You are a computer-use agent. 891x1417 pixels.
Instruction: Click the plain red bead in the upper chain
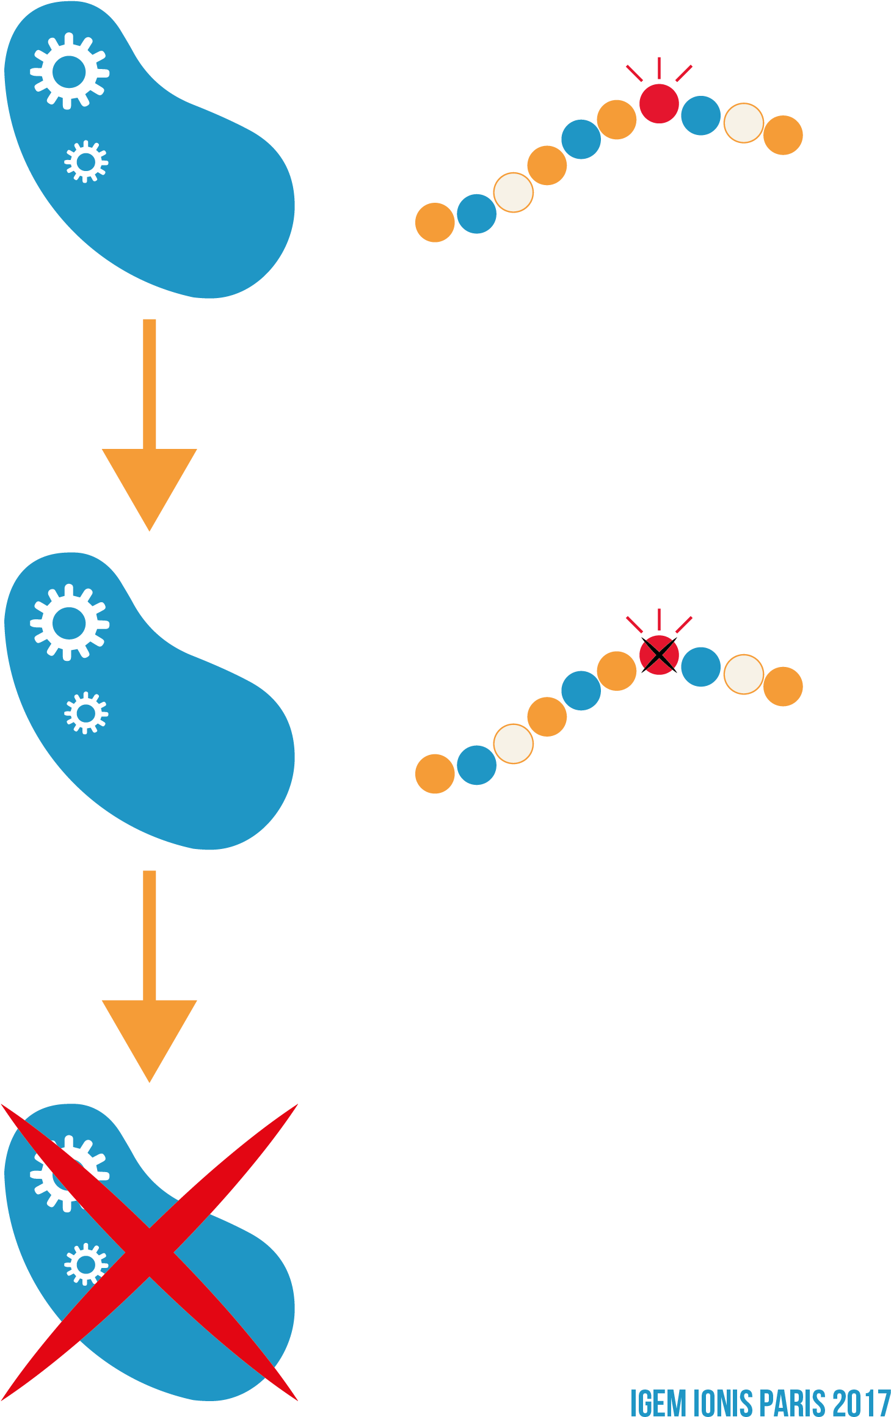[x=659, y=103]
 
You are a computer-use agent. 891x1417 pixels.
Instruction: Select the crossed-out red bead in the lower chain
[x=659, y=655]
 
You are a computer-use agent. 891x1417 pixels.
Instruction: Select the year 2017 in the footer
[x=861, y=1402]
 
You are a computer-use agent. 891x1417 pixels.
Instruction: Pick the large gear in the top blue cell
[x=69, y=71]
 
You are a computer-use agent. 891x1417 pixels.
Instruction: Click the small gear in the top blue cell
[x=86, y=161]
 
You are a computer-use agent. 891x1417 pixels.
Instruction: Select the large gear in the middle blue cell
[x=69, y=623]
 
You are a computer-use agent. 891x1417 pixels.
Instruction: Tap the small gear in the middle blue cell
[x=86, y=713]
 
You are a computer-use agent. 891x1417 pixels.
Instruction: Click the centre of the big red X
[x=149, y=1252]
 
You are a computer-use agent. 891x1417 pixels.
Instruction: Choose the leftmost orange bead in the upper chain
[x=435, y=222]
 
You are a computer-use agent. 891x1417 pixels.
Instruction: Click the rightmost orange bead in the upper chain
[x=783, y=135]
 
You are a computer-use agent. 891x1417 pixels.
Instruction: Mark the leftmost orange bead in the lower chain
[x=435, y=774]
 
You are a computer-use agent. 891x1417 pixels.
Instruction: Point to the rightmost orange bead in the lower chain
[x=783, y=687]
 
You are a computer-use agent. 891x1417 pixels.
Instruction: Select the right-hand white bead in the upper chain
[x=743, y=123]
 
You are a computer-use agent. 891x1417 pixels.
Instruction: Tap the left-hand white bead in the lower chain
[x=513, y=744]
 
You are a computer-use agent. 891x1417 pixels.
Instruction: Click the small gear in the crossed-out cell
[x=85, y=1264]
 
